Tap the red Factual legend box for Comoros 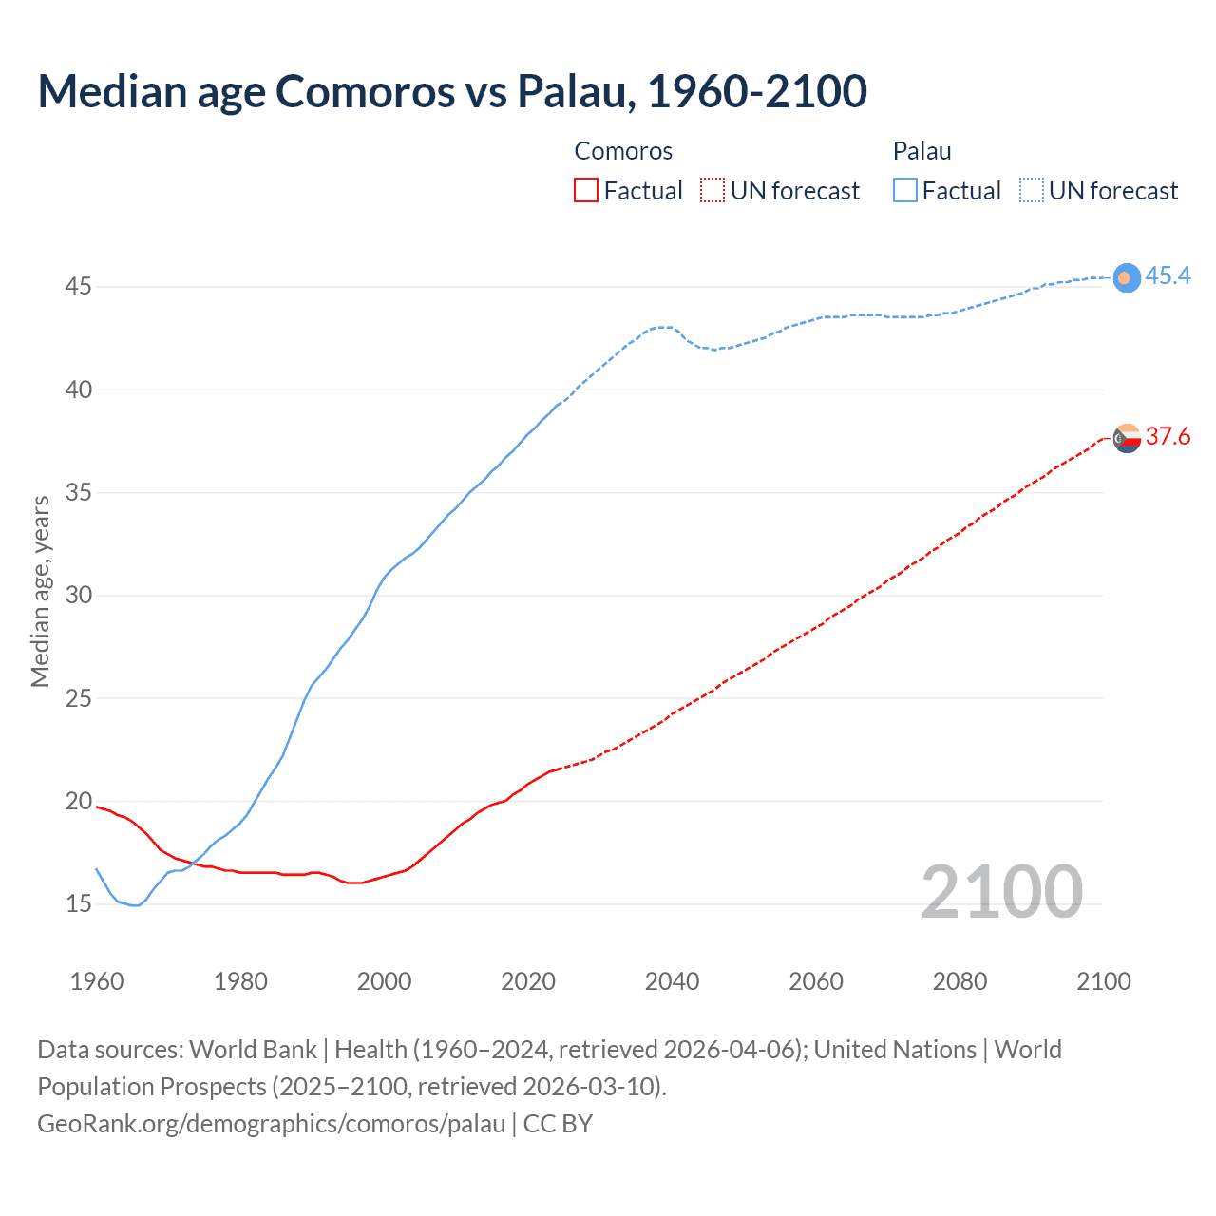click(x=586, y=190)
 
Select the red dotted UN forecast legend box click(x=712, y=190)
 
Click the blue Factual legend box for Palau click(x=905, y=190)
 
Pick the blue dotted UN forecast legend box click(x=1031, y=190)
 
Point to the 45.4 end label click(x=1168, y=275)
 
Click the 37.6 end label click(x=1168, y=436)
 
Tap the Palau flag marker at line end click(x=1127, y=277)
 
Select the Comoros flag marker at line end click(x=1127, y=438)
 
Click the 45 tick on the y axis click(x=78, y=286)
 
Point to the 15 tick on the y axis click(x=78, y=903)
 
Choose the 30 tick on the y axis click(x=78, y=595)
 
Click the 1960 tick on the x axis click(x=97, y=980)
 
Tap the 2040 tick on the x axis click(x=672, y=980)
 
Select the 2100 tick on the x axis click(x=1103, y=980)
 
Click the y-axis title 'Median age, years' click(x=40, y=591)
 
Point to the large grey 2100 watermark click(x=1001, y=891)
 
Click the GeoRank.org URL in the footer click(x=271, y=1123)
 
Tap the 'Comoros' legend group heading click(x=623, y=151)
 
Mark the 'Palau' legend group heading click(x=921, y=151)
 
